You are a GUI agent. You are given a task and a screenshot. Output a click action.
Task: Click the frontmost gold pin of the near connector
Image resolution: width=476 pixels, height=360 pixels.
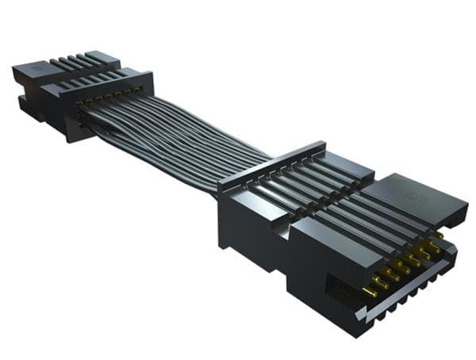pos(370,292)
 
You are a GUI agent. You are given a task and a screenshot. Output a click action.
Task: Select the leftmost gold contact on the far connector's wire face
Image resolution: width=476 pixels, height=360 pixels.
pos(78,103)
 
